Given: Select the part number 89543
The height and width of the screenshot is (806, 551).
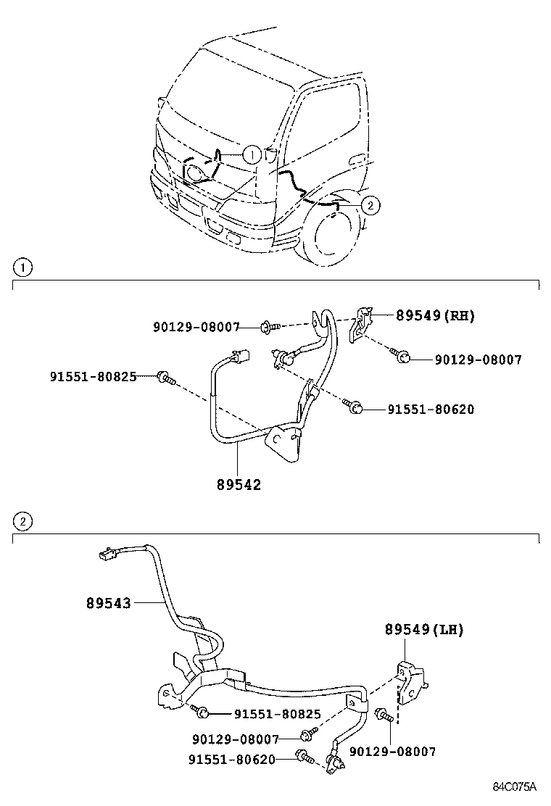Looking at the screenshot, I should pyautogui.click(x=109, y=602).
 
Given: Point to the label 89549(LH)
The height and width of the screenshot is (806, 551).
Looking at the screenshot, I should pyautogui.click(x=424, y=630).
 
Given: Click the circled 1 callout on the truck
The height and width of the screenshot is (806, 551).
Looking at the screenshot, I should pyautogui.click(x=250, y=154).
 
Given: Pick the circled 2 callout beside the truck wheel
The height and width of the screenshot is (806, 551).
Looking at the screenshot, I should pyautogui.click(x=370, y=206).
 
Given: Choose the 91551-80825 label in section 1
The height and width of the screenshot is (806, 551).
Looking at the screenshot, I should pyautogui.click(x=93, y=376).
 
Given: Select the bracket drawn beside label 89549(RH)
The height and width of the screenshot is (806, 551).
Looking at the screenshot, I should pyautogui.click(x=361, y=323).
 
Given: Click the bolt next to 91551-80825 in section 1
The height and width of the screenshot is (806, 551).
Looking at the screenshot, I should pyautogui.click(x=165, y=377).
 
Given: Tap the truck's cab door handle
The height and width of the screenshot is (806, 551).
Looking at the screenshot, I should pyautogui.click(x=357, y=159).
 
